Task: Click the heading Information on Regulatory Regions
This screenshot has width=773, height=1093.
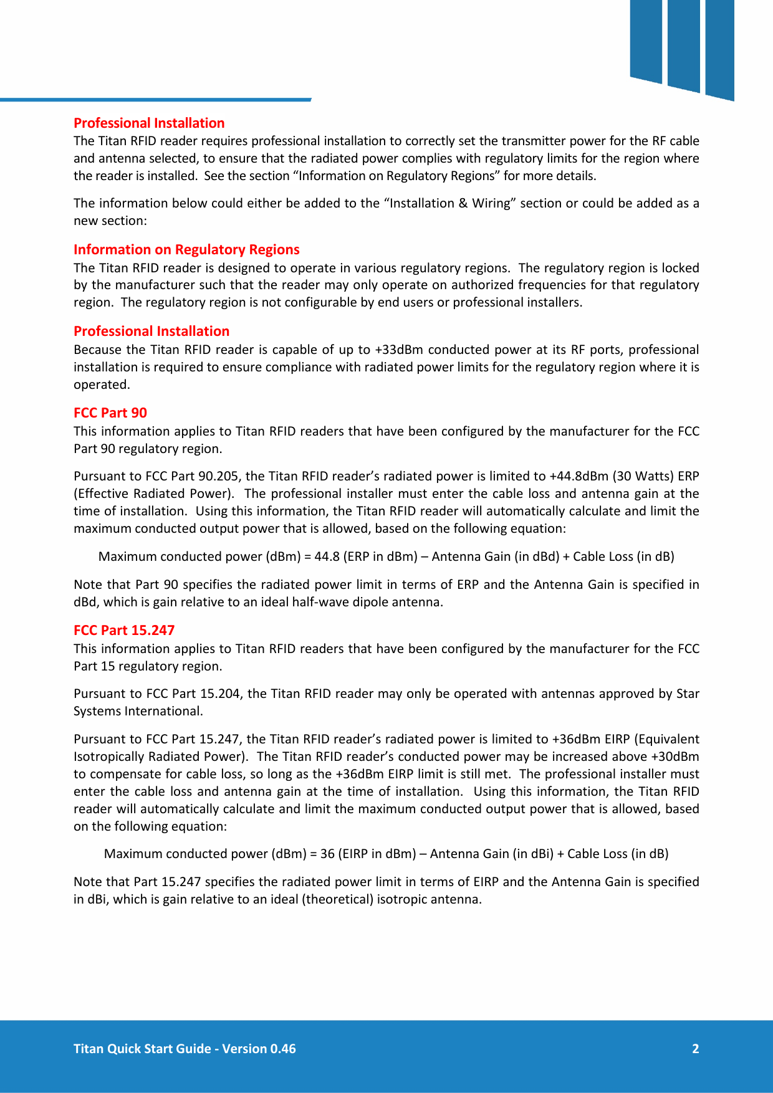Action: (x=186, y=250)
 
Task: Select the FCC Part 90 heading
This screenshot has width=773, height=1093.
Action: (x=110, y=413)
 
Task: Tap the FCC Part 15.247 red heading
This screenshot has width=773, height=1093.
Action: (x=124, y=631)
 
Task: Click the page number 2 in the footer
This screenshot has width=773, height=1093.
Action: (x=695, y=1049)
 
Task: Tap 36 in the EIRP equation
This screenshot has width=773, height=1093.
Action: (x=327, y=854)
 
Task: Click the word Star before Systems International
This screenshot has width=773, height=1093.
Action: (x=688, y=694)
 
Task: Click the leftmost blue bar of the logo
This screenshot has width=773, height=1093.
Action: (x=646, y=41)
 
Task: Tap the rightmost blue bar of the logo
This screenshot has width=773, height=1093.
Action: (x=720, y=49)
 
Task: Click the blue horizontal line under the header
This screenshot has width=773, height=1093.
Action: (x=156, y=99)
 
